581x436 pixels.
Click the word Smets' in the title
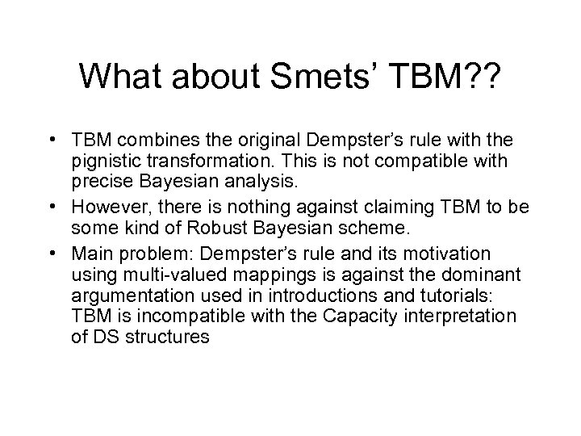(x=308, y=78)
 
